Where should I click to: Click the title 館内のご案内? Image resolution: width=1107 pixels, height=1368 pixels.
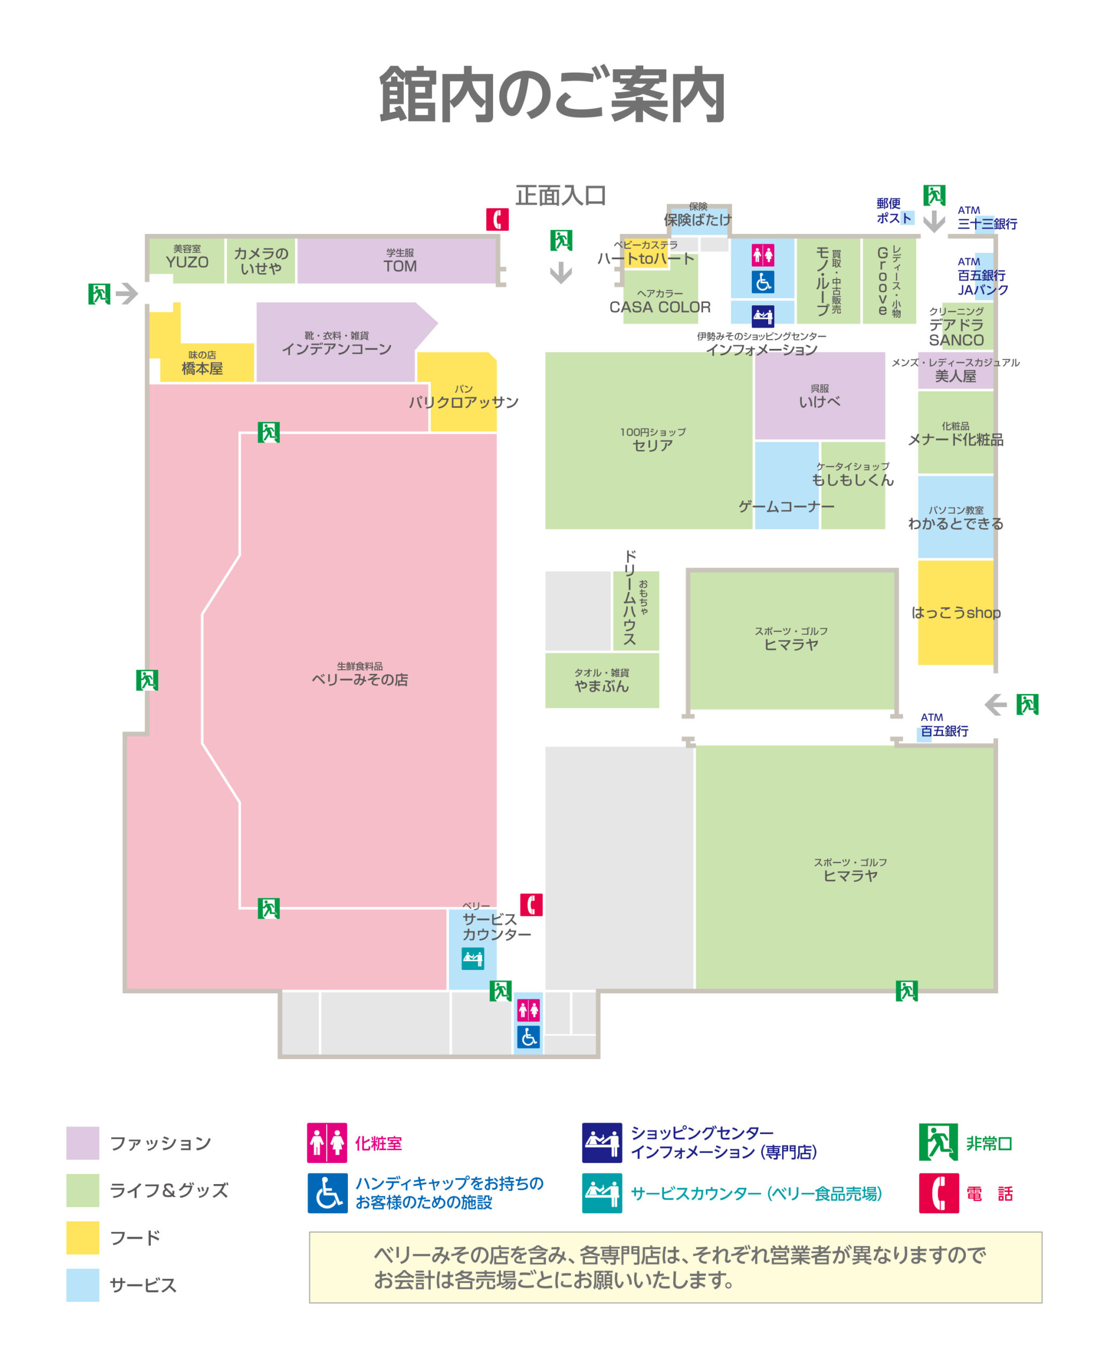tap(552, 95)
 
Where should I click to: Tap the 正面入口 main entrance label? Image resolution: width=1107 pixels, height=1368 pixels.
tap(560, 196)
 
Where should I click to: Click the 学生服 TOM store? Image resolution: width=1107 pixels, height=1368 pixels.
tap(400, 261)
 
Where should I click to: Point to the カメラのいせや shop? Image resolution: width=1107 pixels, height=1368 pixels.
tap(261, 261)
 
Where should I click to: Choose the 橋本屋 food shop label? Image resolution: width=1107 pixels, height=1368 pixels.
tap(202, 363)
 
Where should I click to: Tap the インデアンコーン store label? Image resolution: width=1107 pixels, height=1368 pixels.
tap(337, 344)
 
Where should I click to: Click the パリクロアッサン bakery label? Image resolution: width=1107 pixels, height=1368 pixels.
tap(464, 398)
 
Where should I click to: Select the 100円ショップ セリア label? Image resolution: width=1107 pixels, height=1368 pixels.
tap(653, 440)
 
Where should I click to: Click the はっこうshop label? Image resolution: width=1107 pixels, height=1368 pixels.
tap(956, 613)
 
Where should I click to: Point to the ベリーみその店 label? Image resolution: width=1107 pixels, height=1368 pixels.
tap(360, 675)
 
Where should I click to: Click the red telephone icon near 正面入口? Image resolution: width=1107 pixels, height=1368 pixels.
tap(497, 220)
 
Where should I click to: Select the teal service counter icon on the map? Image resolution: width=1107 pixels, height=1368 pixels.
tap(472, 959)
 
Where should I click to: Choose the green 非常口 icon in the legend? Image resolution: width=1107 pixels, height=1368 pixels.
tap(938, 1142)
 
